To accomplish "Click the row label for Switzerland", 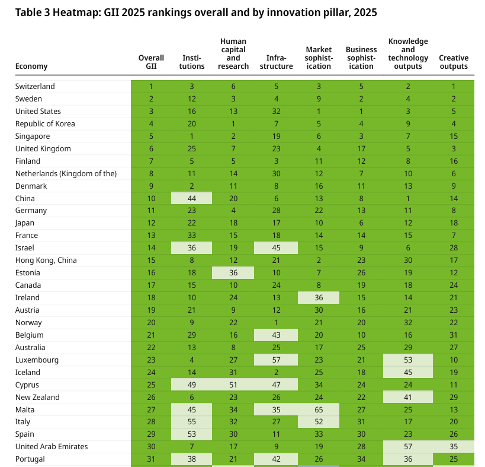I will click(x=35, y=87).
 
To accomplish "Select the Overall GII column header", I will click(x=151, y=62).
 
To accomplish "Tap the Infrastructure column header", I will click(x=276, y=62).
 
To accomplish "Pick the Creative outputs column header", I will click(x=454, y=62).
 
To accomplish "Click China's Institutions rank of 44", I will click(x=192, y=198).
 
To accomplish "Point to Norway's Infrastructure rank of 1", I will click(x=276, y=322).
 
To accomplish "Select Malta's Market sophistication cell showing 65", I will click(x=319, y=409).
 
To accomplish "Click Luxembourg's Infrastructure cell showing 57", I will click(x=276, y=360).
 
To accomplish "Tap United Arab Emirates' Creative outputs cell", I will click(x=454, y=447).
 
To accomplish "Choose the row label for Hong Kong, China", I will click(x=46, y=260).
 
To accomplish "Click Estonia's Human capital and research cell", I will click(x=233, y=273).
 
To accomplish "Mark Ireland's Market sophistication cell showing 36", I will click(x=319, y=298).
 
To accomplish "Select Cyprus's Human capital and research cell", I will click(x=233, y=385).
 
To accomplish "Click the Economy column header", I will click(x=31, y=66).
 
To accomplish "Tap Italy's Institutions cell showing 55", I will click(x=192, y=422).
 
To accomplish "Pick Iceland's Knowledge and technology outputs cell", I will click(x=408, y=372).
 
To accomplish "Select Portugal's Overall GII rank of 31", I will click(x=151, y=459).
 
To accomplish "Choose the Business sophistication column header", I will click(x=361, y=58).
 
